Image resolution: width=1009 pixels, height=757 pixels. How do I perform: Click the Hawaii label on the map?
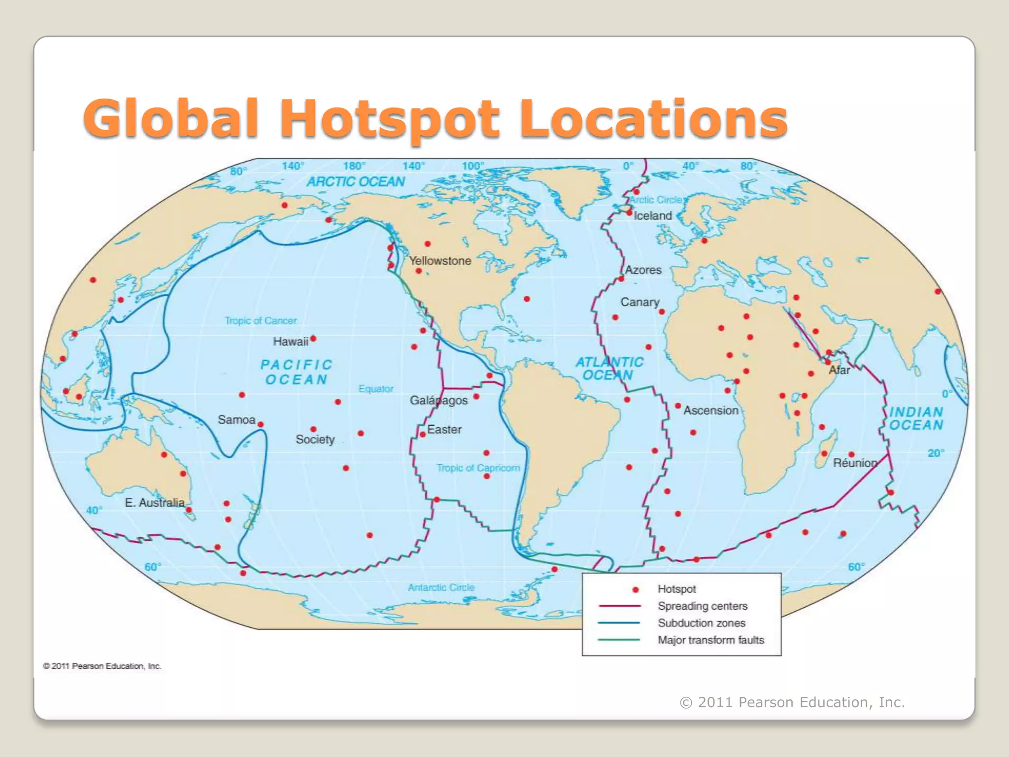[x=291, y=342]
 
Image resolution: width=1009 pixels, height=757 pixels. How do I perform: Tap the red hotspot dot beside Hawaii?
[x=313, y=339]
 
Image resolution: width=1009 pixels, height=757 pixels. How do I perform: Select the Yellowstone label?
[x=440, y=261]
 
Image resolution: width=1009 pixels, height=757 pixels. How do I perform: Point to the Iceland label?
[x=653, y=215]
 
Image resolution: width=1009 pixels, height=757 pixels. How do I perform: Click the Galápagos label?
[x=438, y=400]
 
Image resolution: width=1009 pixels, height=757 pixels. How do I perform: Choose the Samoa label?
[x=236, y=419]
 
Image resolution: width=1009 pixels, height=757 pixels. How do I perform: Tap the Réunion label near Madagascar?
[x=855, y=463]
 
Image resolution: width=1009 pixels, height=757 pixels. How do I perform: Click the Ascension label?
[x=711, y=410]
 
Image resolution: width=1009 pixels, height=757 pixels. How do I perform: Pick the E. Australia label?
[x=155, y=502]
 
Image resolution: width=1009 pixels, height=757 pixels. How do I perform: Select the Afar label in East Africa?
[x=840, y=370]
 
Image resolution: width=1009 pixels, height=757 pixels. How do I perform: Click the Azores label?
[x=643, y=270]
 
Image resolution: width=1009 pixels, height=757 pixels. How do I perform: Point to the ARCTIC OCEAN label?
[x=356, y=182]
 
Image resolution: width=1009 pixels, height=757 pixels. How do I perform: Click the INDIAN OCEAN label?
[x=916, y=418]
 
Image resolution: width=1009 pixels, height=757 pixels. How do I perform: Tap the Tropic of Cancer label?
[x=261, y=321]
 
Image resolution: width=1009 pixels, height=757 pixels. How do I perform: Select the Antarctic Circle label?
[x=441, y=587]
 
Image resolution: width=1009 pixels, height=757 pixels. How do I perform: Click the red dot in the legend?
[x=636, y=589]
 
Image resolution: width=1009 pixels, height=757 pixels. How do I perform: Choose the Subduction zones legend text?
[x=702, y=623]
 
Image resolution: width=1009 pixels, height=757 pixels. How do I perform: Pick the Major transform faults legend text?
[x=711, y=640]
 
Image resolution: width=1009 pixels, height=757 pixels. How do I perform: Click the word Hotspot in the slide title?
[x=390, y=119]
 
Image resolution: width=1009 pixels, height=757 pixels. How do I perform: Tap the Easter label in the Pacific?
[x=444, y=429]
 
